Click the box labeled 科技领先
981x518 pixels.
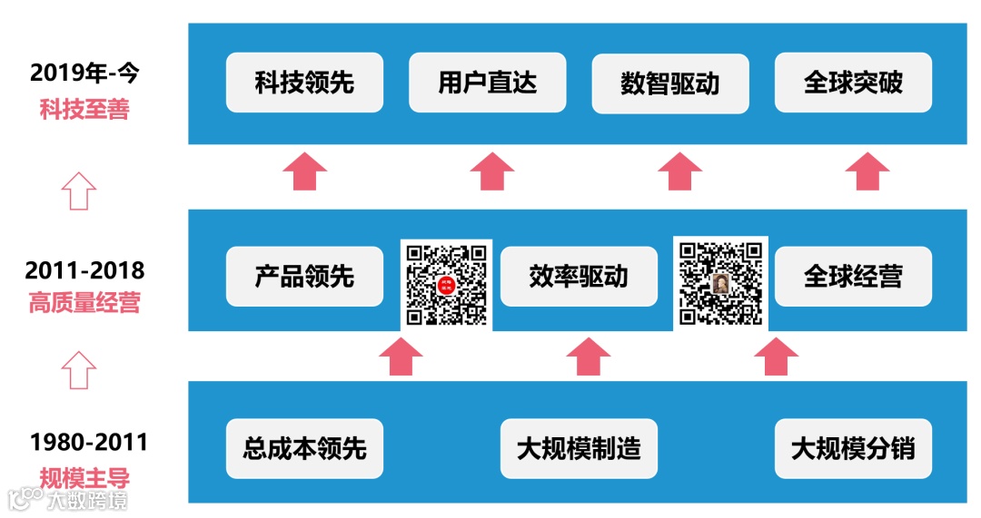[x=304, y=83]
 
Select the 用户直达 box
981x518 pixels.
[x=487, y=83]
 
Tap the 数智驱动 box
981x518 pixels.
[x=670, y=83]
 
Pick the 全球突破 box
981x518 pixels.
[x=853, y=83]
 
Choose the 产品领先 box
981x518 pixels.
[x=304, y=276]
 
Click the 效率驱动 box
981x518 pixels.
[x=579, y=276]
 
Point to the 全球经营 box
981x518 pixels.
[x=853, y=276]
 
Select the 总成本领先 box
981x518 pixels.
[x=304, y=448]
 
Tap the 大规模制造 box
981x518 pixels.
[x=579, y=448]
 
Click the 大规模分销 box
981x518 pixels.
[x=853, y=448]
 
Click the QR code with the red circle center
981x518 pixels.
[x=446, y=284]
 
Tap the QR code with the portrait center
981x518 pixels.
[x=721, y=282]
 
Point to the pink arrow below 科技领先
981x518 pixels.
[x=304, y=171]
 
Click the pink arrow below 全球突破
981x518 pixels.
[x=867, y=171]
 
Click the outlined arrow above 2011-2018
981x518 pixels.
[x=79, y=191]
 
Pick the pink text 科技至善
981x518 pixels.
[x=84, y=110]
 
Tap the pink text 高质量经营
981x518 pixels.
[x=84, y=303]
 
